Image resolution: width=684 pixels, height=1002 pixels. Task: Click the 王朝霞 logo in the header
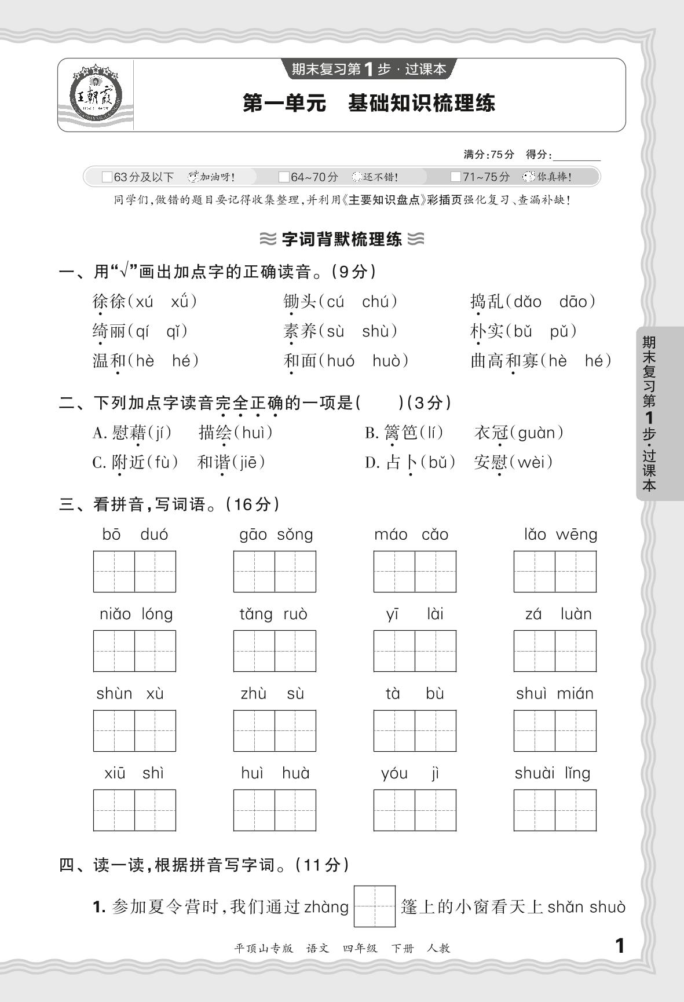(x=96, y=95)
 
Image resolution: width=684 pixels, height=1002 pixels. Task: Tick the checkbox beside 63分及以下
(x=107, y=177)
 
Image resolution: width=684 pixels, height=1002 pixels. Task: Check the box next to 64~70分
(x=284, y=177)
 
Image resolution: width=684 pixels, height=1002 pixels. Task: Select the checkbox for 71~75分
(x=456, y=177)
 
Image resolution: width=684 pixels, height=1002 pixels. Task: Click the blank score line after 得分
(x=577, y=155)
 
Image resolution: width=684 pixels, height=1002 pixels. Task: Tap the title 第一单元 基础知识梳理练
(x=369, y=104)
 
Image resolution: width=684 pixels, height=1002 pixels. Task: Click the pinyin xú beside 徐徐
(x=144, y=302)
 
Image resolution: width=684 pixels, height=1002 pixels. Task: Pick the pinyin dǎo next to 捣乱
(x=528, y=302)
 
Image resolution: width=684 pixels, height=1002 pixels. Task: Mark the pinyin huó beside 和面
(x=341, y=361)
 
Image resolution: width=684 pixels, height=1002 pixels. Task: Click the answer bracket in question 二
(x=380, y=403)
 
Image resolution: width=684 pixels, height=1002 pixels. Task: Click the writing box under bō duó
(x=134, y=572)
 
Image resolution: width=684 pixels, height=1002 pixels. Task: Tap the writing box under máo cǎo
(x=415, y=572)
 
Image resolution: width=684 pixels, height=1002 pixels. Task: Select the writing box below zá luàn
(x=555, y=651)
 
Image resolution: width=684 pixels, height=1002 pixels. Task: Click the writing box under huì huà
(x=275, y=810)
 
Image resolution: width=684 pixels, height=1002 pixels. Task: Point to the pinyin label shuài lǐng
(x=553, y=773)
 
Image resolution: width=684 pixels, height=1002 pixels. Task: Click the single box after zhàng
(x=375, y=906)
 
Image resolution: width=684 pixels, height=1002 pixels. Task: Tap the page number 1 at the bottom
(x=620, y=946)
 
